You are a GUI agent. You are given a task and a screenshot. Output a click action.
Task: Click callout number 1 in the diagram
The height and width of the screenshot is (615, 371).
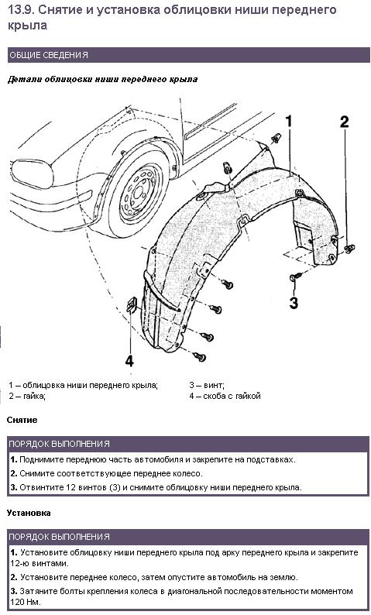(289, 121)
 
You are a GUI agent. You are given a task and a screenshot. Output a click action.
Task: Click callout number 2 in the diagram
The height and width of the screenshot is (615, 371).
(344, 122)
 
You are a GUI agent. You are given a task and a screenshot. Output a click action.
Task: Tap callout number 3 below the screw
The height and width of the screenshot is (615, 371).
(294, 303)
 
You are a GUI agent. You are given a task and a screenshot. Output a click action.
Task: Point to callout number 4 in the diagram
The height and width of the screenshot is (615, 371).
(129, 360)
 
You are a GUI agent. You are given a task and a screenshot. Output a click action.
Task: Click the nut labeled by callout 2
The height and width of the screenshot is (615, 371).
(349, 249)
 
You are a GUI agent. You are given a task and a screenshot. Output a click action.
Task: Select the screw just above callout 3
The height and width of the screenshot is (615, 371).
(295, 277)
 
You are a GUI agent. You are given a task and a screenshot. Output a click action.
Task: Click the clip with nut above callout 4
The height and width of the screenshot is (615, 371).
(131, 304)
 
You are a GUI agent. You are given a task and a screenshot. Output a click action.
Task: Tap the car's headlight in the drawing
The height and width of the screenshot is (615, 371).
(32, 173)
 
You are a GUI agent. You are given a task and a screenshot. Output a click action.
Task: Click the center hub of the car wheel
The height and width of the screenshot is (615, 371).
(139, 193)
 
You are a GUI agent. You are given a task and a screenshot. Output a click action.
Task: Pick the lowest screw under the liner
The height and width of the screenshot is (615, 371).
(200, 356)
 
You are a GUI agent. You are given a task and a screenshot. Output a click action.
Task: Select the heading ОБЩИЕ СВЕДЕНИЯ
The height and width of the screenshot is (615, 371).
(49, 55)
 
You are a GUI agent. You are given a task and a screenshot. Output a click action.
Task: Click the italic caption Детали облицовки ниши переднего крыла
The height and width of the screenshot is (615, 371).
(103, 79)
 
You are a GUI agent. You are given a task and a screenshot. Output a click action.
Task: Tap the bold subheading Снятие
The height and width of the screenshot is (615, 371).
(22, 420)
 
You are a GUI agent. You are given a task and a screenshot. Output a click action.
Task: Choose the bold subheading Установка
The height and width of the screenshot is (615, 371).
(29, 513)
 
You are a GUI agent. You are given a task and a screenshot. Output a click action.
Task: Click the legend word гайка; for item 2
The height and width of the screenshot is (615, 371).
(35, 396)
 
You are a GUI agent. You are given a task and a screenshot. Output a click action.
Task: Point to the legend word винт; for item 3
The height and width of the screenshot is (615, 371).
(214, 386)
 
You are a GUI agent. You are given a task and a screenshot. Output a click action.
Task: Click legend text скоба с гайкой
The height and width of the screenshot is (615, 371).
(232, 396)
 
